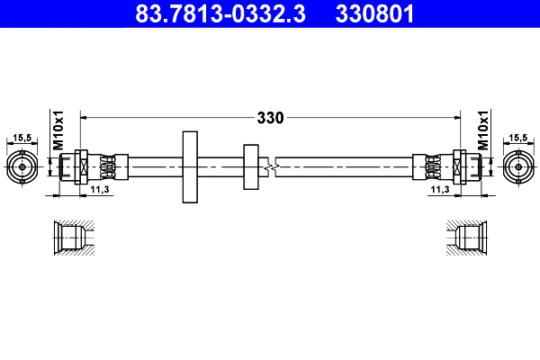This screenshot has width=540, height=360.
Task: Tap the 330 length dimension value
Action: pos(270,117)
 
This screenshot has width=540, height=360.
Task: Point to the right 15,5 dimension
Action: pos(518,138)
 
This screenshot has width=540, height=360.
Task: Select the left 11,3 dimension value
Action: pos(101,191)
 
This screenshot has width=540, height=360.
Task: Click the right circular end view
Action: pos(518,166)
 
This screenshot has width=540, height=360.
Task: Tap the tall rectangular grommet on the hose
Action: pos(190,166)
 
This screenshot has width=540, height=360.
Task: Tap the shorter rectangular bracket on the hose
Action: pos(250,166)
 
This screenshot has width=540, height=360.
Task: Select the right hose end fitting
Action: pos(450,166)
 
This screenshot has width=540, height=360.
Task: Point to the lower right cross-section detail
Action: pos(470,238)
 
